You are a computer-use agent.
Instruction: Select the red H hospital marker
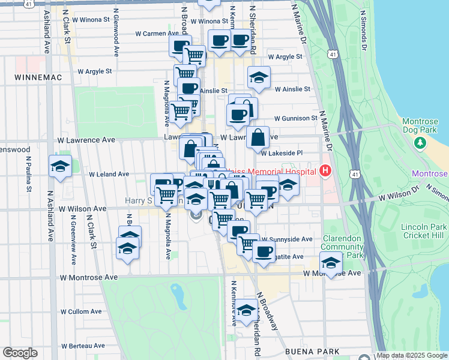pos(325,172)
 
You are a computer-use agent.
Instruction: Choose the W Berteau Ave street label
pos(82,346)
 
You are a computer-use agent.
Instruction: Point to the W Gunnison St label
pos(295,118)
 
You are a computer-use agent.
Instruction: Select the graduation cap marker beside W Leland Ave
pos(60,166)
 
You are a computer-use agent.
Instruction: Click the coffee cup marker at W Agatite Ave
pos(264,251)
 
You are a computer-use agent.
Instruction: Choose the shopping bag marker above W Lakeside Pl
pos(258,137)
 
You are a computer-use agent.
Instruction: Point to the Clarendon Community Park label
pos(343,247)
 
